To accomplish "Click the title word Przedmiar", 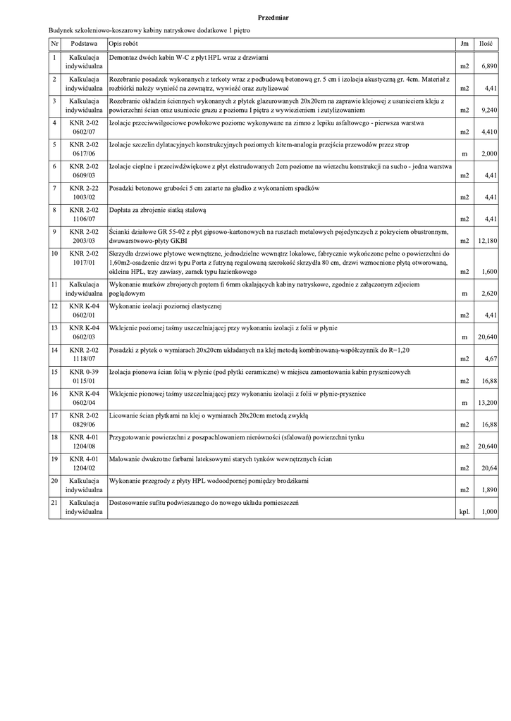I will pyautogui.click(x=272, y=15).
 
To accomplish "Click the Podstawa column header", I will pyautogui.click(x=84, y=44).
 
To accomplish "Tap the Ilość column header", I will pyautogui.click(x=485, y=44).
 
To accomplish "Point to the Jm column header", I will pyautogui.click(x=464, y=44).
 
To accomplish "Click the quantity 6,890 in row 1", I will pyautogui.click(x=489, y=66).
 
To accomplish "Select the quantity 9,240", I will pyautogui.click(x=489, y=111).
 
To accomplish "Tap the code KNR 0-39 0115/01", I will pyautogui.click(x=84, y=376).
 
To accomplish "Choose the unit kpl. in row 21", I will pyautogui.click(x=464, y=513).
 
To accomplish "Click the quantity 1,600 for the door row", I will pyautogui.click(x=489, y=271).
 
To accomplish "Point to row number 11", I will pyautogui.click(x=54, y=284).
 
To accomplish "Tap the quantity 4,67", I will pyautogui.click(x=491, y=359).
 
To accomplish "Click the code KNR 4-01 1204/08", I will pyautogui.click(x=84, y=441).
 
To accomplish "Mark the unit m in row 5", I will pyautogui.click(x=464, y=153).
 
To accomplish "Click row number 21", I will pyautogui.click(x=54, y=503).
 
